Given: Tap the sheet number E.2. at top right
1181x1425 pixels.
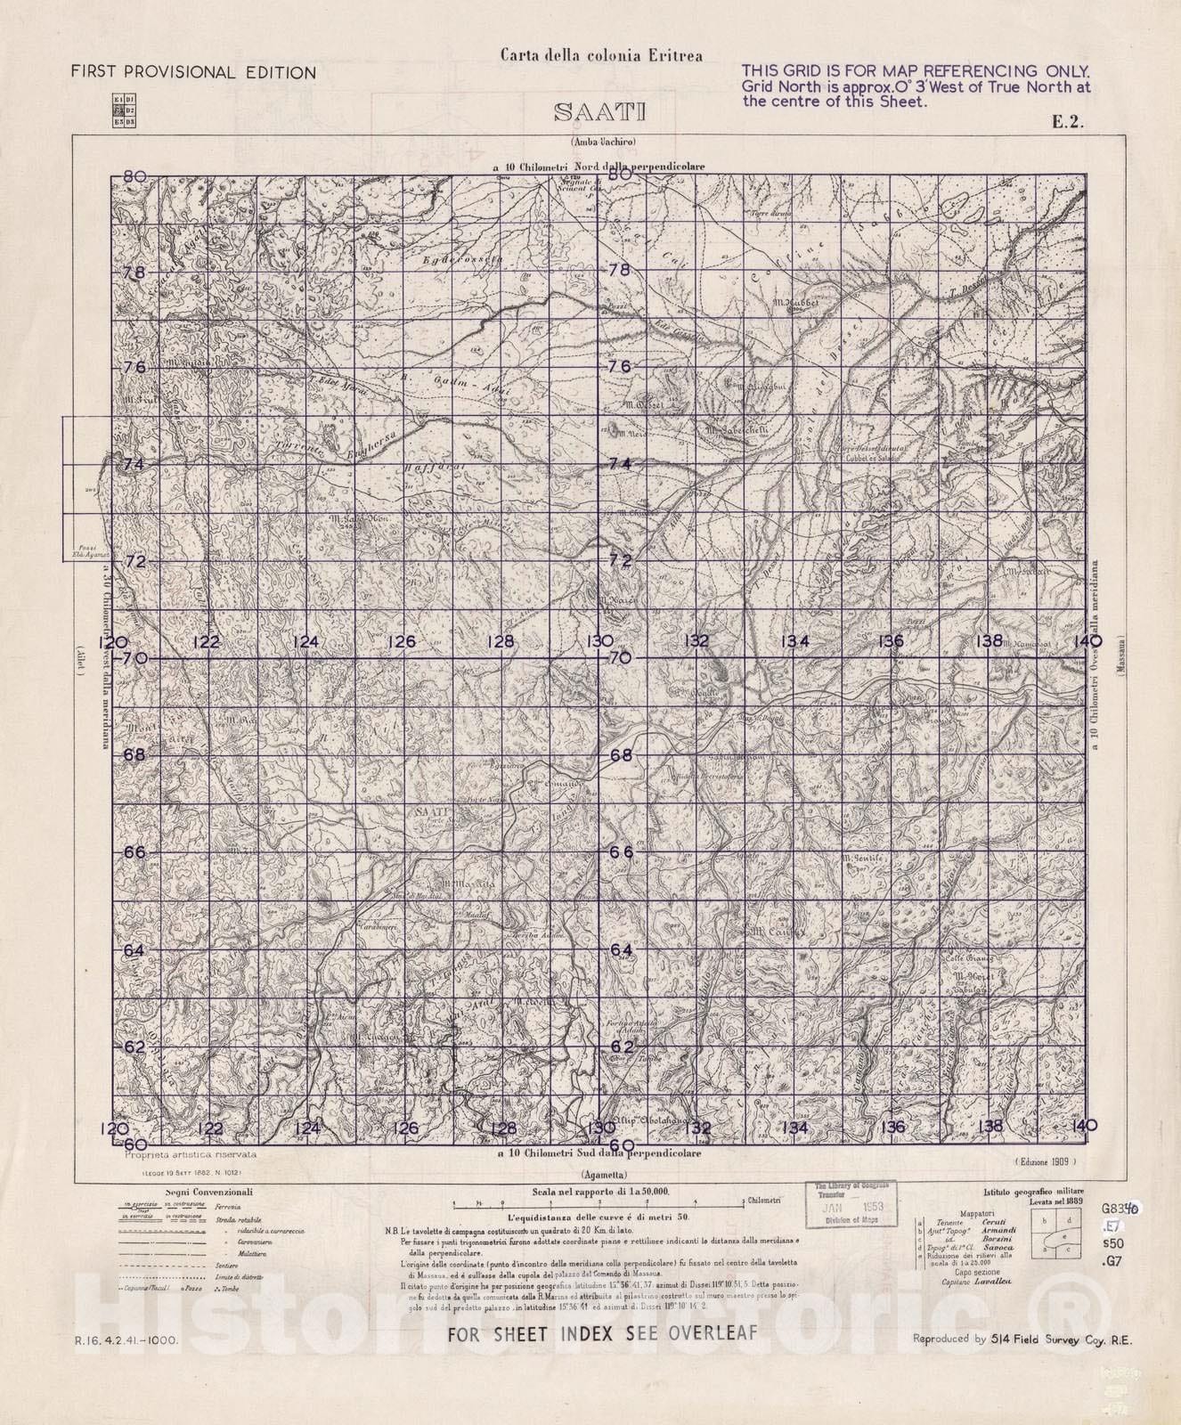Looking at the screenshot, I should pos(1067,124).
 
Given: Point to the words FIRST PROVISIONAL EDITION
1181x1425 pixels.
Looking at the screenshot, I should pos(193,73).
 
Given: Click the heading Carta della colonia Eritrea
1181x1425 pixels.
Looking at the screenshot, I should pos(600,55).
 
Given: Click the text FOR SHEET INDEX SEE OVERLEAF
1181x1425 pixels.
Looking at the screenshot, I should pos(601,1334).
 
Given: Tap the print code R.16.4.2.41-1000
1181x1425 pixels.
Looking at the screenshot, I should pos(126,1339).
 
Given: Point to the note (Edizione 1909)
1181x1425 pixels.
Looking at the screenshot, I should pos(1045,1161).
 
